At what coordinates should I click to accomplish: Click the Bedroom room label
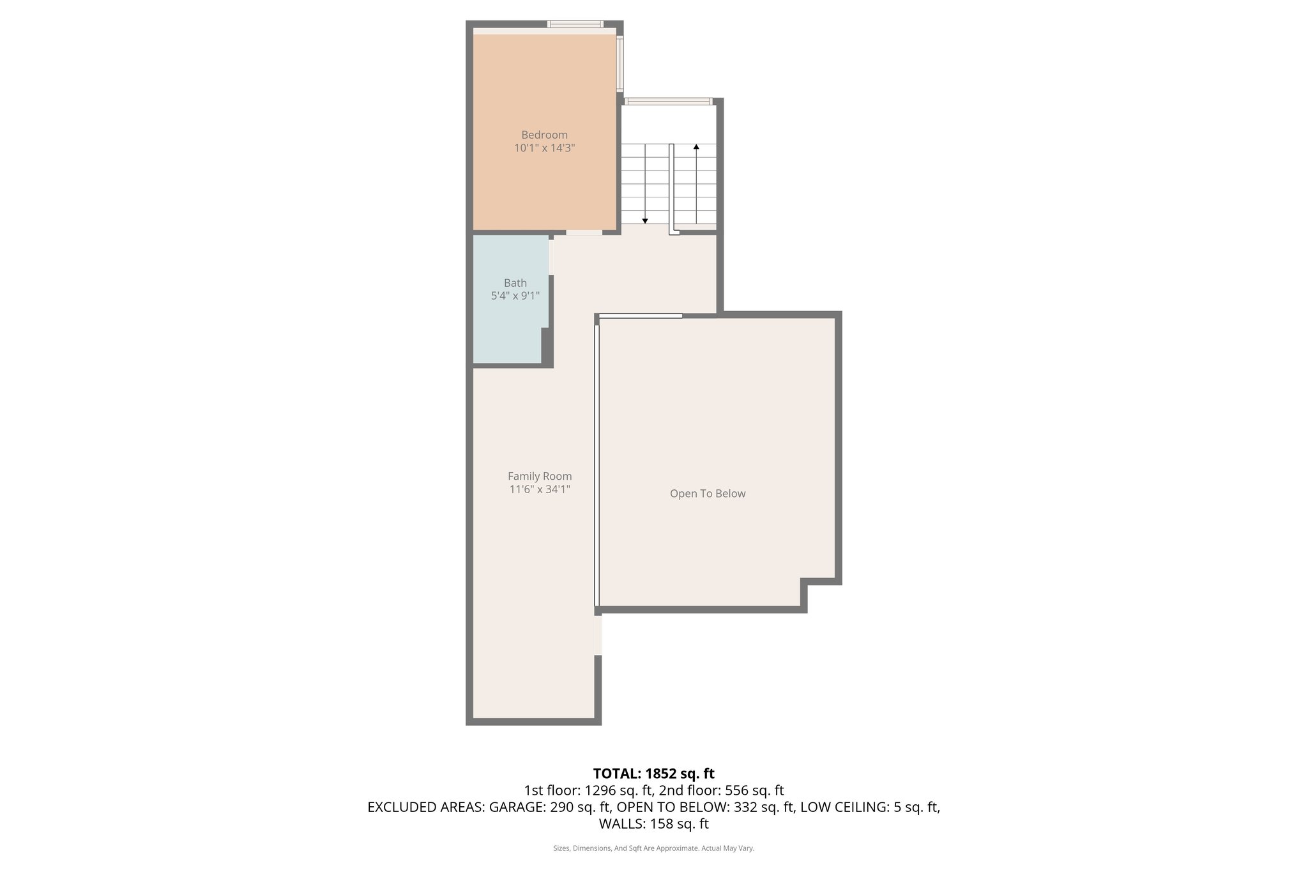544,135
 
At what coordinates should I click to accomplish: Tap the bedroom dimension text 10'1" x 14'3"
544,148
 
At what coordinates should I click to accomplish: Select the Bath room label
515,283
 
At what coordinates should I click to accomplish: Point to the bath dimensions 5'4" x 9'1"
515,296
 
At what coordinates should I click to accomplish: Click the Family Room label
540,476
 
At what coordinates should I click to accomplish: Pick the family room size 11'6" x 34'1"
540,489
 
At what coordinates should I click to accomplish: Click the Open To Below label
707,493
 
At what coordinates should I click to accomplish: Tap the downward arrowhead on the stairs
645,221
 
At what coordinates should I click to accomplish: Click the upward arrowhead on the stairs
696,147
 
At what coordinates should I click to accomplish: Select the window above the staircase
668,101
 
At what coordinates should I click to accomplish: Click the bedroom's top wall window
575,24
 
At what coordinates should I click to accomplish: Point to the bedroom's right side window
620,63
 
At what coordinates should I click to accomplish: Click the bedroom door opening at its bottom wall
584,233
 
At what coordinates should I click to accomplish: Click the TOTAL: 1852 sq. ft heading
653,774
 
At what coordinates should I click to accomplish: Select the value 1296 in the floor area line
598,790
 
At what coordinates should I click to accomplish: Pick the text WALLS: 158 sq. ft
653,823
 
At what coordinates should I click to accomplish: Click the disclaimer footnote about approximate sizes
653,848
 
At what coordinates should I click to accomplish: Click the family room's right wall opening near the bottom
598,634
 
